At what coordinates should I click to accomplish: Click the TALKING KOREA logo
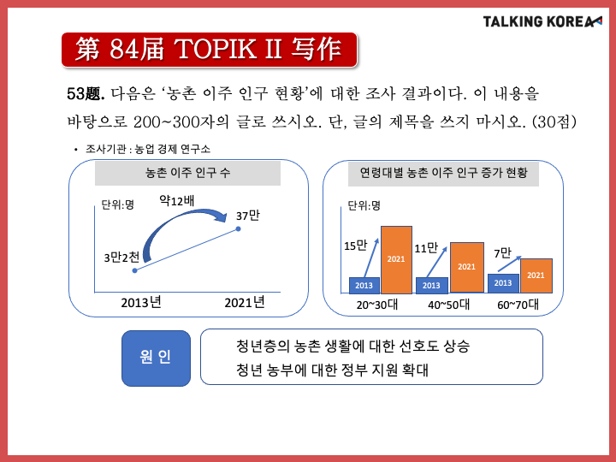pyautogui.click(x=542, y=21)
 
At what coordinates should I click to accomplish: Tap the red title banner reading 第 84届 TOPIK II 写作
pyautogui.click(x=209, y=50)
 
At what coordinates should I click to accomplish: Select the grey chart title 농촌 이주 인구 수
pyautogui.click(x=187, y=173)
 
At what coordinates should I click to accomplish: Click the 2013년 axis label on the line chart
pyautogui.click(x=141, y=303)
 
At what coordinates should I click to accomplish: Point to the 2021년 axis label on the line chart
pyautogui.click(x=245, y=303)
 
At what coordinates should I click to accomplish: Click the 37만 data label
pyautogui.click(x=247, y=216)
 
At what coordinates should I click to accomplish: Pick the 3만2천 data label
pyautogui.click(x=121, y=258)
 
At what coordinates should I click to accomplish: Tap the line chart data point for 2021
pyautogui.click(x=238, y=228)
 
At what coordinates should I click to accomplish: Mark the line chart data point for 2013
pyautogui.click(x=135, y=270)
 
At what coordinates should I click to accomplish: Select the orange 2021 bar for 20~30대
pyautogui.click(x=396, y=260)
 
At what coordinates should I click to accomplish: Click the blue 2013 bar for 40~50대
pyautogui.click(x=432, y=286)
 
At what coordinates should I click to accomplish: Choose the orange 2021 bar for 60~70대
pyautogui.click(x=536, y=275)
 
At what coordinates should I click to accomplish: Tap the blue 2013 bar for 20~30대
pyautogui.click(x=364, y=286)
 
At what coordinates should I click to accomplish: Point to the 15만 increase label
pyautogui.click(x=356, y=246)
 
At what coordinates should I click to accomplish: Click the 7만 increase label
pyautogui.click(x=502, y=253)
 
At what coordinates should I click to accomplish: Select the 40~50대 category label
pyautogui.click(x=448, y=305)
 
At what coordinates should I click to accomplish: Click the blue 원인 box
pyautogui.click(x=156, y=358)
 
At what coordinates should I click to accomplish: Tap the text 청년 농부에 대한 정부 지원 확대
pyautogui.click(x=332, y=370)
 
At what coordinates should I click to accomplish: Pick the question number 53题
pyautogui.click(x=86, y=94)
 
